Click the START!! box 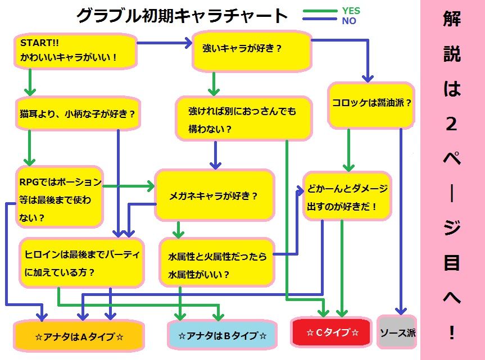point(75,51)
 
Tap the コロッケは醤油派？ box point(371,104)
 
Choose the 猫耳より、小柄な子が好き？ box point(77,114)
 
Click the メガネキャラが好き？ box point(214,195)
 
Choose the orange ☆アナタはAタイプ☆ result point(79,336)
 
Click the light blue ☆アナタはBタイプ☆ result point(223,336)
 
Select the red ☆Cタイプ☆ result point(332,332)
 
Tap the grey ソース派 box point(398,332)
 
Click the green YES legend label point(351,11)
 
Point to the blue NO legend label point(348,21)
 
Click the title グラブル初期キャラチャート point(182,16)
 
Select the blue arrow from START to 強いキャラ point(163,43)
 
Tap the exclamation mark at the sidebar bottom point(452,333)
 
